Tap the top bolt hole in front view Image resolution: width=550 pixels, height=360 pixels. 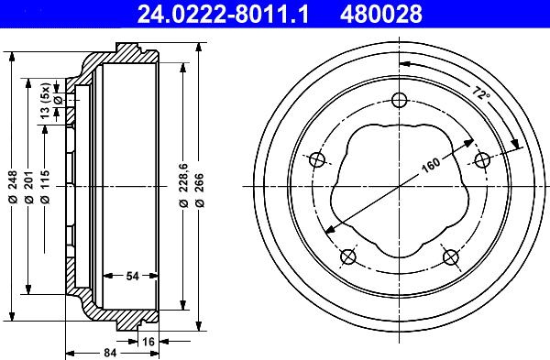click(x=399, y=100)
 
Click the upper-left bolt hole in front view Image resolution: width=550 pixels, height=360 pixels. click(x=318, y=160)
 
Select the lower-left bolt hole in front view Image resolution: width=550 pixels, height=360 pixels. click(x=348, y=256)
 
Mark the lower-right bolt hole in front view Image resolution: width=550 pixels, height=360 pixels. click(x=450, y=256)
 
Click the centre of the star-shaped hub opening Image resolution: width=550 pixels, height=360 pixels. click(x=400, y=187)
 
